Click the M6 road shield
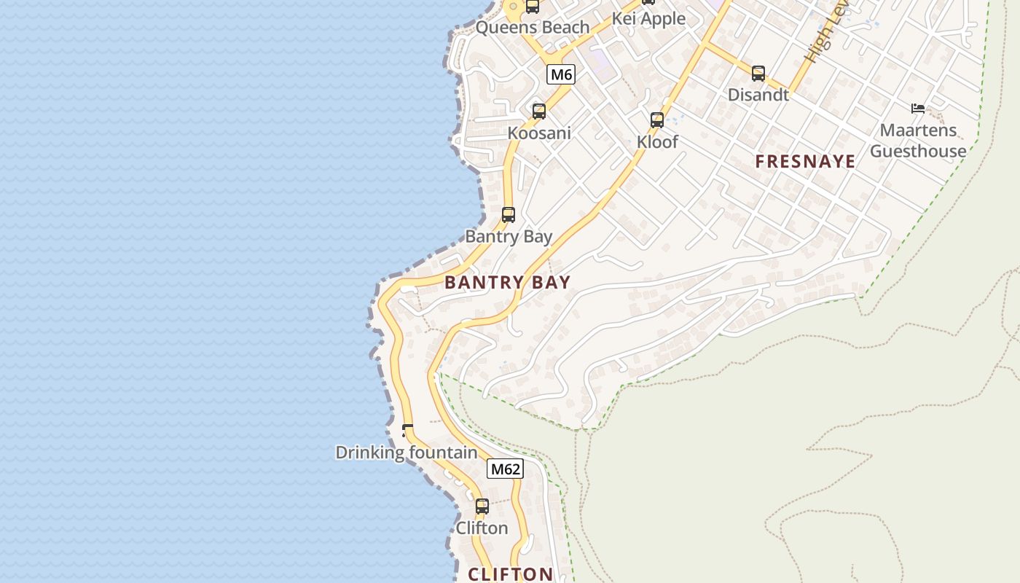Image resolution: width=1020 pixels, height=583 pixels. [561, 74]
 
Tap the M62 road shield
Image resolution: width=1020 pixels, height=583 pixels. [505, 469]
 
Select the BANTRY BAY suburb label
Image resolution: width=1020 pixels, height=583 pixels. [507, 283]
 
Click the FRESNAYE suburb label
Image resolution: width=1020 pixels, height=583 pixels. [805, 162]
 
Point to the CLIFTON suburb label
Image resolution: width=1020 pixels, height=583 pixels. [510, 574]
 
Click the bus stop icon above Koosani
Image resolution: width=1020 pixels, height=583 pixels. [539, 111]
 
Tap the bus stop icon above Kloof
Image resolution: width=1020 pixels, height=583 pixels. [657, 120]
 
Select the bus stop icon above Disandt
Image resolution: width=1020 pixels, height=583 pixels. [758, 74]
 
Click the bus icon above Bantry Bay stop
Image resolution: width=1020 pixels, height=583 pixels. [509, 215]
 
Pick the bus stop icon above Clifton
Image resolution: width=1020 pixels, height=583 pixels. [482, 506]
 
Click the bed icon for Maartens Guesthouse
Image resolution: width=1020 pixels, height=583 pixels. [918, 109]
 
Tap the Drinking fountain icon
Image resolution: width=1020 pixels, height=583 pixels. [407, 431]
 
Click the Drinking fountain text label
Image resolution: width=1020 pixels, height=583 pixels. [406, 453]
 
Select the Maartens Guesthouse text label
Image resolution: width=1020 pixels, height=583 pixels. [918, 141]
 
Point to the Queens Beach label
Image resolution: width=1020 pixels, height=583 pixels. [532, 28]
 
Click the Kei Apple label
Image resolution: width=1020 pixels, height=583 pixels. [648, 19]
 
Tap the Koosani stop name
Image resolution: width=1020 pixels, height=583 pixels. [539, 133]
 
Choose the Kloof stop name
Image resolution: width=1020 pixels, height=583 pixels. [657, 142]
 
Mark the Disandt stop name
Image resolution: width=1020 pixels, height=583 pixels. [758, 95]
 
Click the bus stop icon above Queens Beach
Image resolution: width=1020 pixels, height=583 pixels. [533, 7]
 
